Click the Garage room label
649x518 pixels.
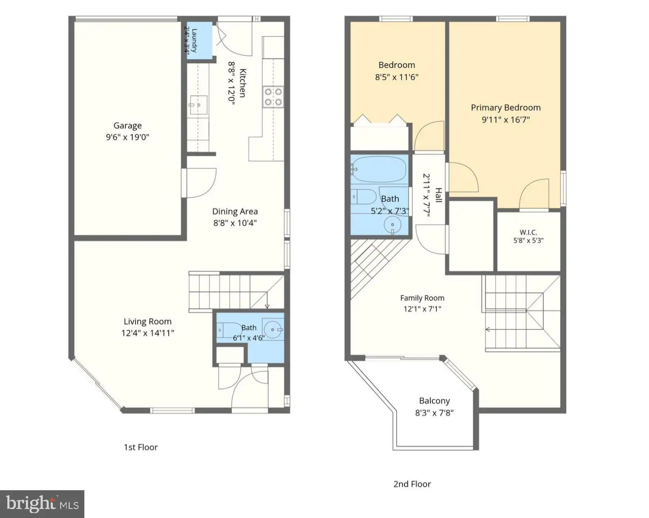128,126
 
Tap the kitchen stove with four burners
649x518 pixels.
273,97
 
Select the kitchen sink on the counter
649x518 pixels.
199,105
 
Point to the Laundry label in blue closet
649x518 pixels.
194,40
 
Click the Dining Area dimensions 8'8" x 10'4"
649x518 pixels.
235,223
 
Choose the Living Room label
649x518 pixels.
147,322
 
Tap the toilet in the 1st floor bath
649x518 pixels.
229,330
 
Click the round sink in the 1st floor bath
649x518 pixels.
273,330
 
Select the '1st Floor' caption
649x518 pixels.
141,447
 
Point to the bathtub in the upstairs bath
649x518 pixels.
379,169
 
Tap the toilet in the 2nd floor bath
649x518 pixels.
364,197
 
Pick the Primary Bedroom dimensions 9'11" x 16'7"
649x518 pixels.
506,120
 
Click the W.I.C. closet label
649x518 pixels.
528,232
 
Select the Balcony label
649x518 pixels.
434,401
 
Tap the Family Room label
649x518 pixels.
422,298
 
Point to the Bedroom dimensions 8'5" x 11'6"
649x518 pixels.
397,77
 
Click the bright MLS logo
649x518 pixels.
42,504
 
